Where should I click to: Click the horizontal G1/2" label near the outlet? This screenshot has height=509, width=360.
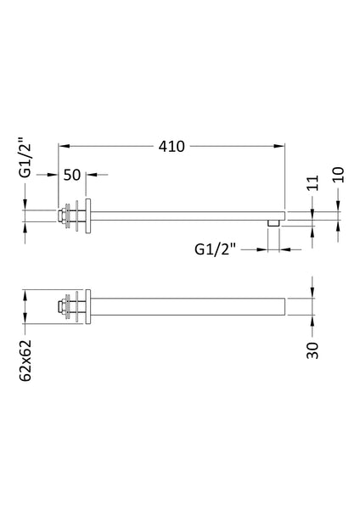point(216,249)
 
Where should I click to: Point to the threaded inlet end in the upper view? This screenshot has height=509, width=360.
point(62,215)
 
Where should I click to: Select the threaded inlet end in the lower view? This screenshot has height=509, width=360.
point(62,307)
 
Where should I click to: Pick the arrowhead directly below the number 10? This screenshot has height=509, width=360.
point(339,207)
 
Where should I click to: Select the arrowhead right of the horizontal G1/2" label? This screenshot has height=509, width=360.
point(284,249)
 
